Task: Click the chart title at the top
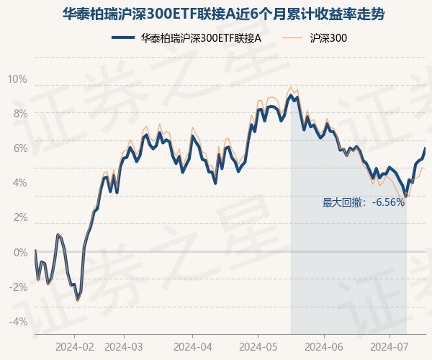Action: tap(216, 13)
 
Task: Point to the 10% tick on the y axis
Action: tap(18, 78)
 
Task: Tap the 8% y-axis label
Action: tap(20, 113)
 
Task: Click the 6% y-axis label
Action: tap(20, 148)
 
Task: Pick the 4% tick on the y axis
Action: tap(20, 183)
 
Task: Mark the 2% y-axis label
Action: tap(20, 217)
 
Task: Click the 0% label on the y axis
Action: tap(20, 252)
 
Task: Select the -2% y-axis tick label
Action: tap(18, 287)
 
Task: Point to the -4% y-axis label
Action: tap(18, 321)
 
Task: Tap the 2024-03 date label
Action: tap(125, 346)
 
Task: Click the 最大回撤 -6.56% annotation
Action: tap(364, 202)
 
